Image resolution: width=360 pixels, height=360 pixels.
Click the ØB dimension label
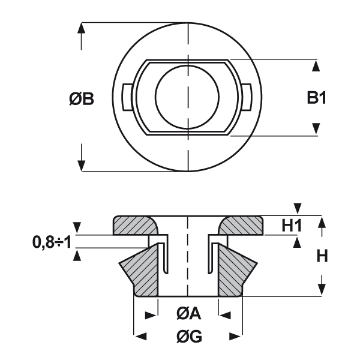click(x=82, y=99)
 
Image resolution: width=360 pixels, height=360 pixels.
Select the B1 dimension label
click(x=317, y=98)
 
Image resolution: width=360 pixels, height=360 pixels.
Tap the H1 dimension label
click(x=292, y=226)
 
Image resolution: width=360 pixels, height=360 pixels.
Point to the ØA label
click(x=189, y=313)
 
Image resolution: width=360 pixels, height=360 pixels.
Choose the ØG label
click(x=190, y=337)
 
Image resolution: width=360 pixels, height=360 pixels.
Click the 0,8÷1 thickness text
click(x=52, y=242)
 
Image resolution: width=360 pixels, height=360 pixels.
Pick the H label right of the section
click(x=322, y=256)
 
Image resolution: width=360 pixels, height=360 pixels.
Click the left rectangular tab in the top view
click(x=127, y=97)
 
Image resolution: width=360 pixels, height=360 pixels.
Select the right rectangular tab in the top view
click(x=247, y=97)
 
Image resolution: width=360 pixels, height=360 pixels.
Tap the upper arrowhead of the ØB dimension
click(x=81, y=28)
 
